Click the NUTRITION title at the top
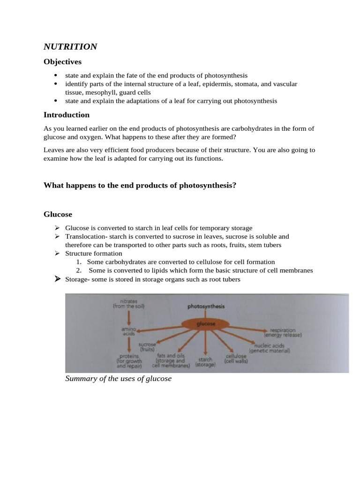click(70, 46)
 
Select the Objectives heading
click(62, 62)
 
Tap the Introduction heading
click(66, 115)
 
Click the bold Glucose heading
click(58, 214)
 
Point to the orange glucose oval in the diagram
click(207, 323)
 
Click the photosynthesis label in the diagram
click(206, 307)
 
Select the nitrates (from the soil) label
click(129, 303)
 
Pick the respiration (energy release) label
click(283, 332)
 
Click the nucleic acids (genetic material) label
click(270, 348)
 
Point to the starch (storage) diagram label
click(205, 362)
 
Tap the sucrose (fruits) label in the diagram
click(148, 347)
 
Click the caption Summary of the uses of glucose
click(119, 378)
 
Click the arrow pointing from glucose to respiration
click(248, 328)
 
